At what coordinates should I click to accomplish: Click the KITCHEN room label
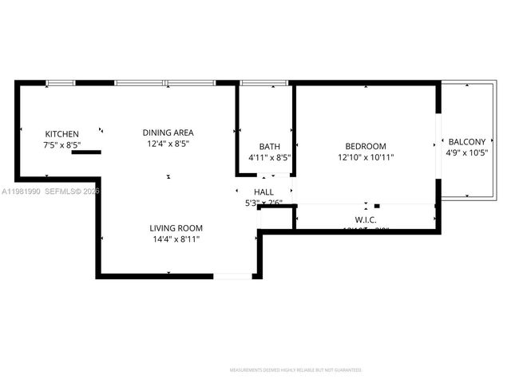tap(61, 134)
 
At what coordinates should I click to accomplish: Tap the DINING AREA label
tap(168, 132)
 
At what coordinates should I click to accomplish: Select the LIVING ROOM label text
tap(176, 227)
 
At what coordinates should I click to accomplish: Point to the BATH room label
tap(269, 146)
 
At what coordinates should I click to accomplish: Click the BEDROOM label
tap(366, 146)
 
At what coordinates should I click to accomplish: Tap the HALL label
tap(263, 192)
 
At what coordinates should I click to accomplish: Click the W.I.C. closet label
tap(366, 219)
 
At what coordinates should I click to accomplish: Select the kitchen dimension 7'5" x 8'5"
tap(61, 146)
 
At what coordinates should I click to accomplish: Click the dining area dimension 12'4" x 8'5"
tap(168, 144)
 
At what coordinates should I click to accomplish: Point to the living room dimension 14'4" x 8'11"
tap(176, 239)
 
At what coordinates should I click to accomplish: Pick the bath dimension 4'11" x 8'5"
tap(269, 157)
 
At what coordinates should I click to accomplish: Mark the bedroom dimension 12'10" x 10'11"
tap(366, 157)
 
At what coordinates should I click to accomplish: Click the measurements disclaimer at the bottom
tap(295, 370)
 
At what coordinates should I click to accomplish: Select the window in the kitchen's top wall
tap(61, 82)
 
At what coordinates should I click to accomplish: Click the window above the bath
tap(264, 82)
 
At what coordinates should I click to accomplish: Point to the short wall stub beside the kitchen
tap(86, 151)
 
